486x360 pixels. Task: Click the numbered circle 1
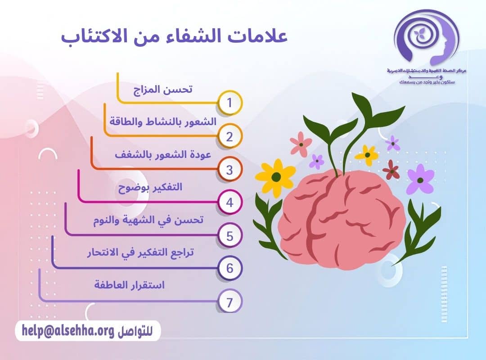coord(229,103)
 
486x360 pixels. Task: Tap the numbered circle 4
coord(229,203)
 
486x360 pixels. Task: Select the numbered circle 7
coord(229,302)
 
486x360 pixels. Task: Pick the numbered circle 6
coord(229,269)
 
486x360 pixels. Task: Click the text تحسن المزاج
coord(164,89)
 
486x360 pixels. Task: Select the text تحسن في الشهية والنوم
coord(148,220)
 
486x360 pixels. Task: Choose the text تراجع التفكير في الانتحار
coord(140,253)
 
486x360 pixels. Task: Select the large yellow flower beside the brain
coord(275,175)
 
